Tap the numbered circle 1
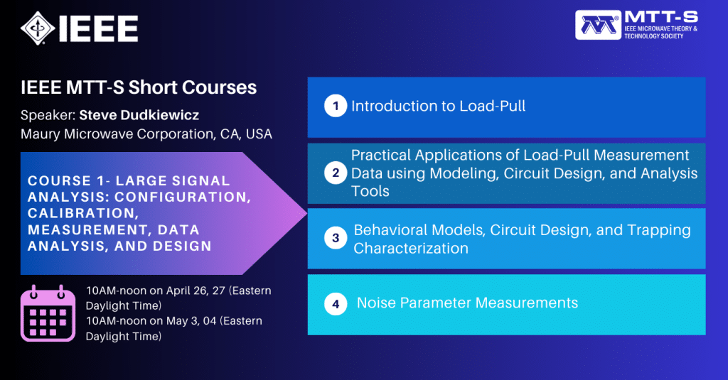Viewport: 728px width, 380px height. point(334,107)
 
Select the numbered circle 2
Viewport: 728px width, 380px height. point(334,173)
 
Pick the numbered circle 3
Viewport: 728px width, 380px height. point(336,239)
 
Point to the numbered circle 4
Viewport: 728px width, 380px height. point(335,304)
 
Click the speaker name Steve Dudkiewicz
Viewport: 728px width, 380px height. point(140,114)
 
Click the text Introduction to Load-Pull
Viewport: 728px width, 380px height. point(438,107)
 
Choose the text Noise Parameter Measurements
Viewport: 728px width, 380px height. point(467,303)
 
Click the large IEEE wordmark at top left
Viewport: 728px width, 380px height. point(100,28)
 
